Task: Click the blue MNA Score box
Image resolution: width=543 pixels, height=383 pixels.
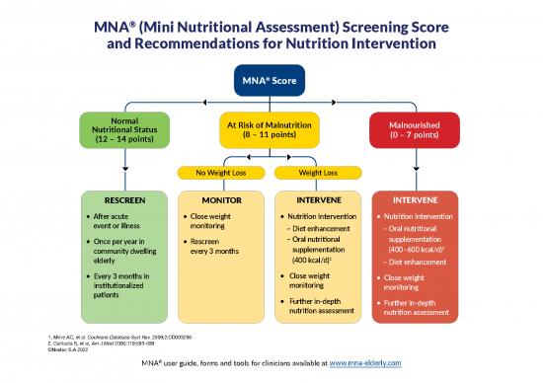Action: point(271,78)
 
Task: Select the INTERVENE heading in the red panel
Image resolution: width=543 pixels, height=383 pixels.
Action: point(416,198)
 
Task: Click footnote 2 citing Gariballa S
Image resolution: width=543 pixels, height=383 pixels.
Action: point(110,345)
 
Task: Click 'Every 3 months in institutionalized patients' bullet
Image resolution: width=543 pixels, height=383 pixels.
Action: point(123,285)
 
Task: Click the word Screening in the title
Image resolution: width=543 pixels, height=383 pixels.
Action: point(350,25)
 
